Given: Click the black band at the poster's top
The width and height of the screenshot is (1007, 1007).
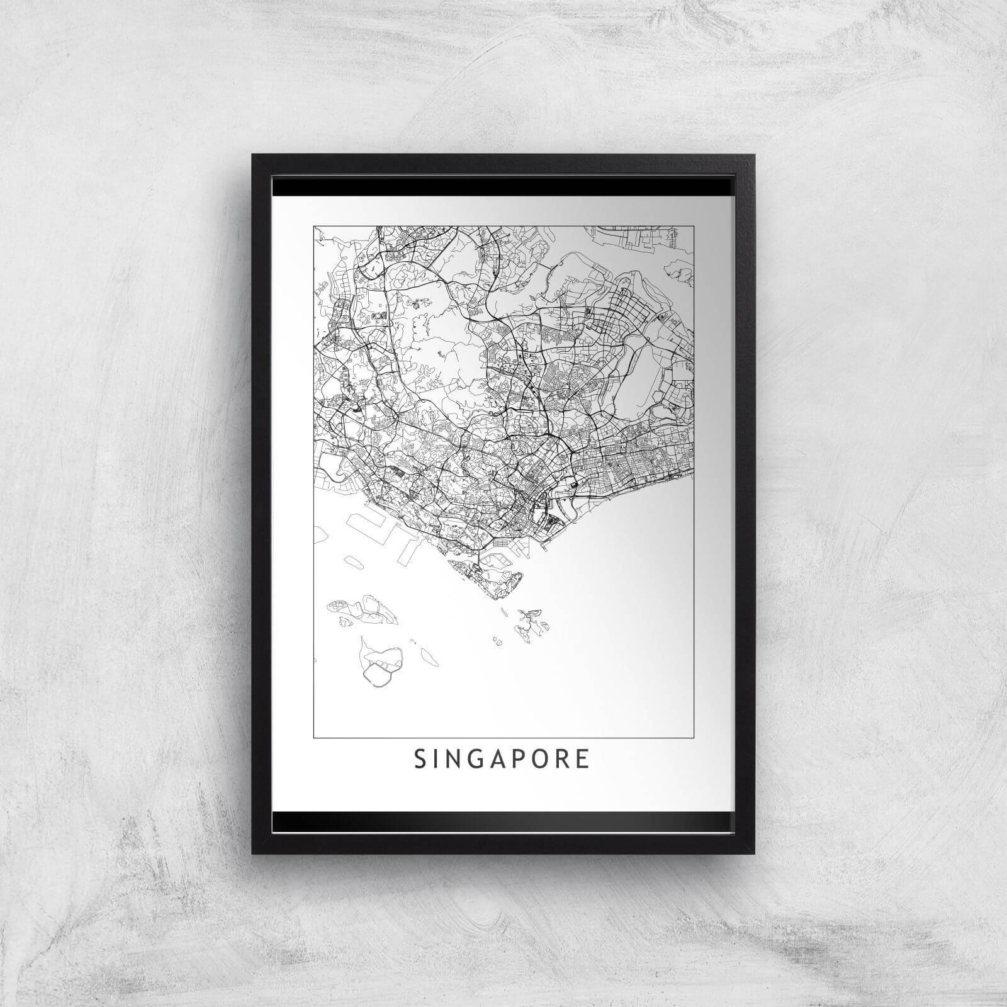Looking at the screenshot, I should tap(503, 187).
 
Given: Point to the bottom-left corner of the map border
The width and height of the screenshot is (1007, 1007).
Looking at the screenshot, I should tap(314, 736).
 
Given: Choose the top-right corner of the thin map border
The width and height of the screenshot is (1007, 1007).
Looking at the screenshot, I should tap(694, 227).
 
